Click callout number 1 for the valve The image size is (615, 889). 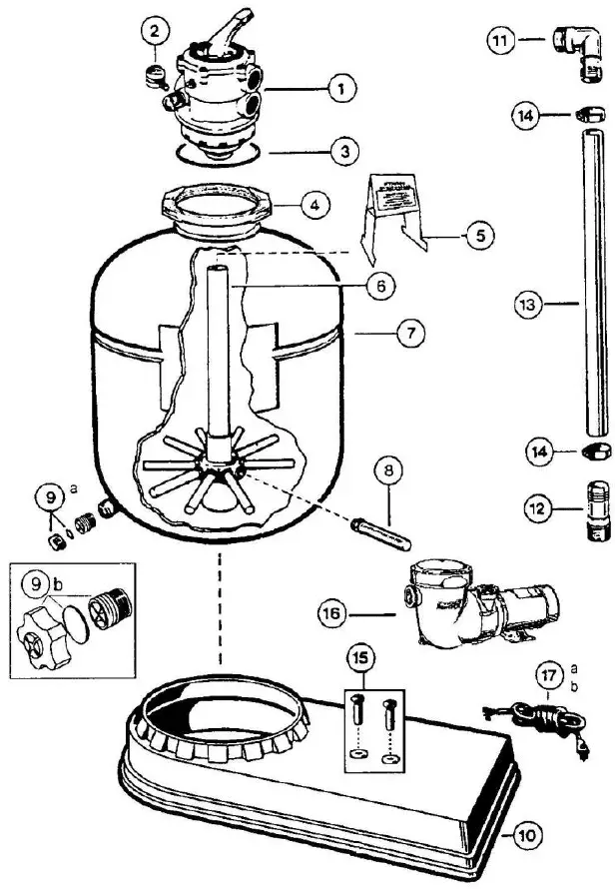tap(340, 89)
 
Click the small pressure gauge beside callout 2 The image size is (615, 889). tap(155, 72)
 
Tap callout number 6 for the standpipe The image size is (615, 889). tap(379, 286)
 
